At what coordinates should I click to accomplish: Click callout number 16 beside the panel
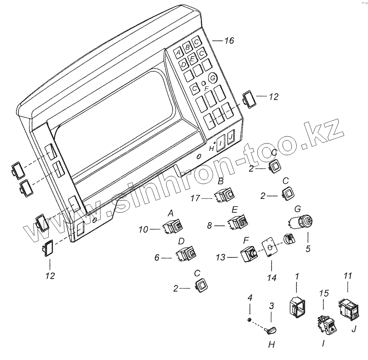coord(229,41)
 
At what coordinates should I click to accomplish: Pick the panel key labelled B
coord(188,47)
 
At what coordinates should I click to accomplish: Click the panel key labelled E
coord(193,59)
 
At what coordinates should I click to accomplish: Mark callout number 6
coord(157,258)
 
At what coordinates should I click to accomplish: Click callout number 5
coord(308,249)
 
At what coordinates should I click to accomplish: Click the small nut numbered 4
coord(250,320)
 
